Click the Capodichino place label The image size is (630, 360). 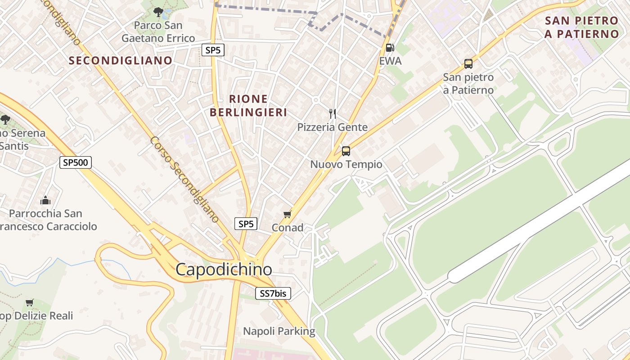[224, 270]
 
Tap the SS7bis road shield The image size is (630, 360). [273, 293]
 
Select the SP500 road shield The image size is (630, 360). [76, 162]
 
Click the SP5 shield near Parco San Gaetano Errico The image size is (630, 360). [213, 50]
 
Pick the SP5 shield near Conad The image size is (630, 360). [246, 224]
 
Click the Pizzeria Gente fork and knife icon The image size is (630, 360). [333, 113]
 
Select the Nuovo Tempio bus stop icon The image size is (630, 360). [346, 151]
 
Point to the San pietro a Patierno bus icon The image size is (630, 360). [468, 64]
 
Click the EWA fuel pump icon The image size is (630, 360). [390, 48]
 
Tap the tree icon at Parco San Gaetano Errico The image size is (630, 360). [158, 12]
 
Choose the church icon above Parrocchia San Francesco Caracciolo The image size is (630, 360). [45, 200]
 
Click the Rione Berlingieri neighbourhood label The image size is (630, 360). [248, 105]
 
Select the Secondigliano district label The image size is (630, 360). [120, 60]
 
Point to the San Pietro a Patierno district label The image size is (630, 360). [581, 27]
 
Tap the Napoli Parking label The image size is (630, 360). [279, 332]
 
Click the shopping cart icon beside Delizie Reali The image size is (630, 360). [30, 302]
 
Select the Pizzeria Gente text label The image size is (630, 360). [332, 127]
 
